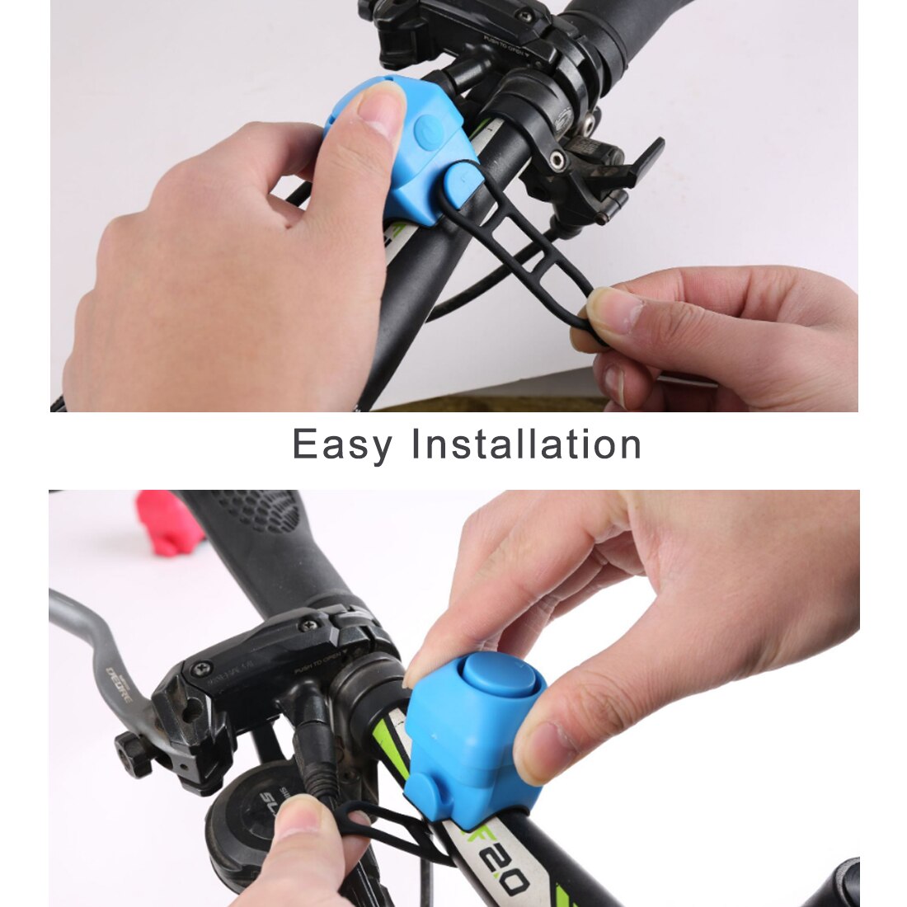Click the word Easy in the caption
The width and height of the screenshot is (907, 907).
[341, 445]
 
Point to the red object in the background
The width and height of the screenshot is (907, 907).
[170, 521]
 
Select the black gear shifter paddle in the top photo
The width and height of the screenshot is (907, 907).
[638, 165]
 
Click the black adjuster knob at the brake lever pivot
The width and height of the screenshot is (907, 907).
[133, 752]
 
